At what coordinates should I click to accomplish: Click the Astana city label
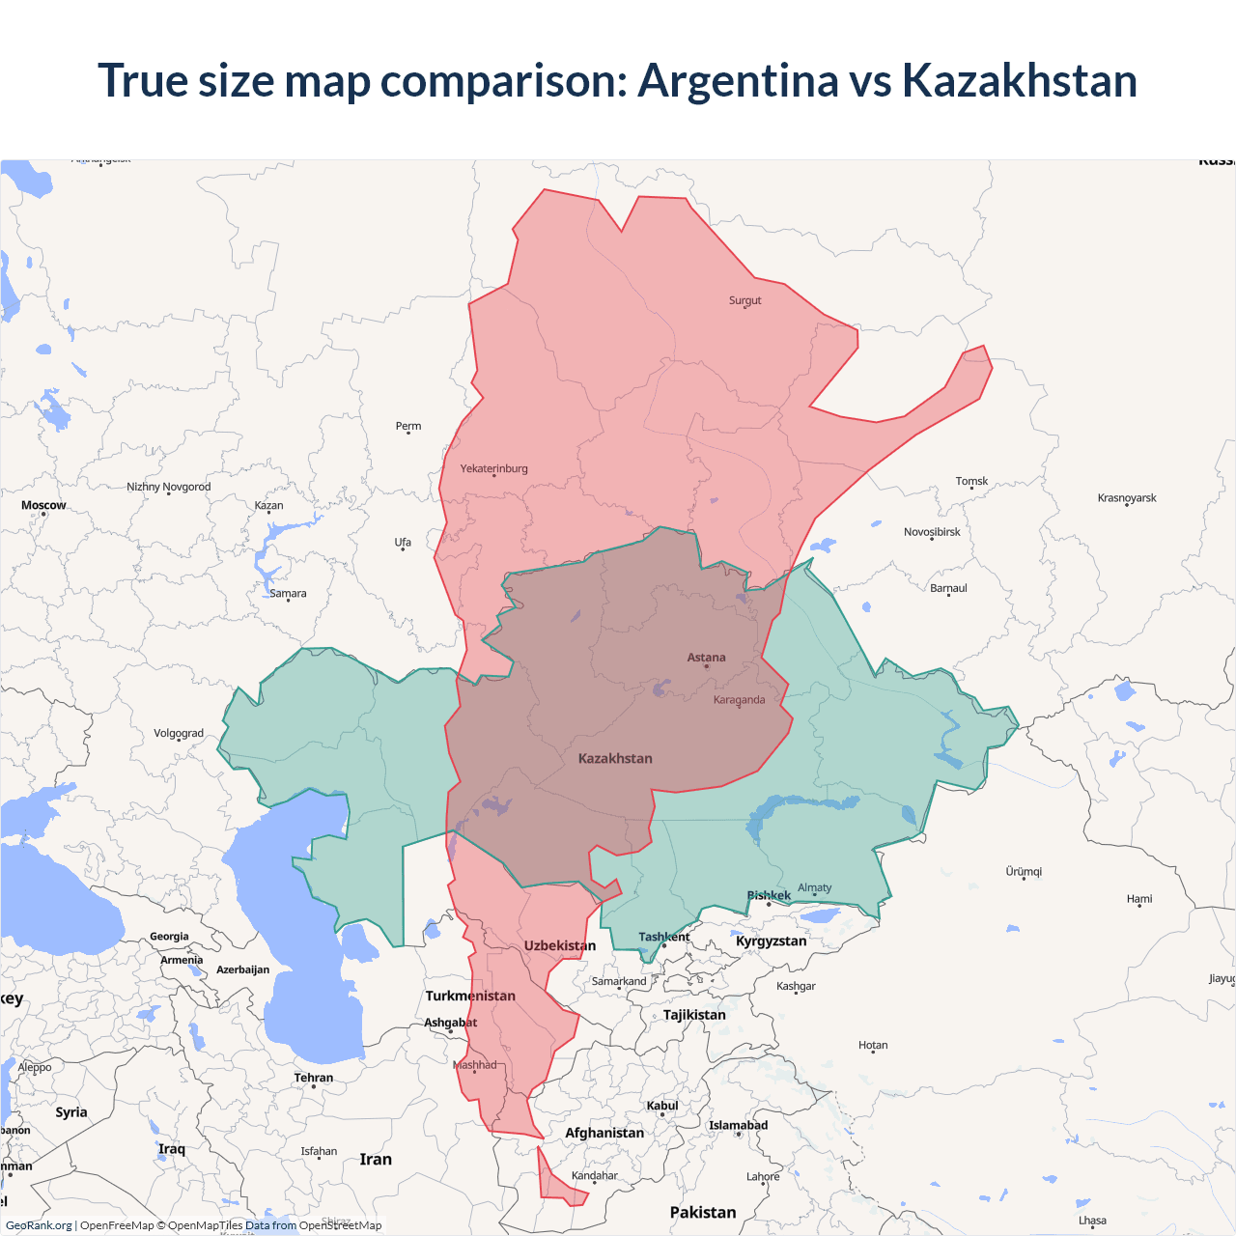coord(706,658)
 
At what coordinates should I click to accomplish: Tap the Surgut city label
coord(744,300)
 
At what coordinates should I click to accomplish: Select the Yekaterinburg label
coord(493,468)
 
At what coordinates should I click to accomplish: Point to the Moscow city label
coord(43,505)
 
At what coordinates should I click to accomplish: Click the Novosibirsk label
coord(932,532)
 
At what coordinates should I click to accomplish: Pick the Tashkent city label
coord(663,937)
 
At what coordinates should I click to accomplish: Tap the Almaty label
coord(814,887)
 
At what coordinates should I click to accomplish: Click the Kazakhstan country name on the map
coord(615,758)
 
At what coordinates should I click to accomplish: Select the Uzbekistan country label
coord(560,945)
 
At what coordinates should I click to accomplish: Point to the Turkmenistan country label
coord(470,996)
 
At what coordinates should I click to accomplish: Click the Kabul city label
coord(662,1106)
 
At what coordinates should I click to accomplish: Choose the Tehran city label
coord(314,1078)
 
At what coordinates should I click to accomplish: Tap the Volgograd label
coord(179,733)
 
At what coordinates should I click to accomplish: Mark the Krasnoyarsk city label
coord(1127,498)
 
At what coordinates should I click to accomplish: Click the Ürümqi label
coord(1024,871)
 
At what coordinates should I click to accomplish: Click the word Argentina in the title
coord(738,80)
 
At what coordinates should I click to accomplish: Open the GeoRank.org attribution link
coord(39,1225)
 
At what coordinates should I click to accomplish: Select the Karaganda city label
coord(739,700)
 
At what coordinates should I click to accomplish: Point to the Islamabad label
coord(738,1125)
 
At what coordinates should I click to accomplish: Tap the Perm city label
coord(408,426)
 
